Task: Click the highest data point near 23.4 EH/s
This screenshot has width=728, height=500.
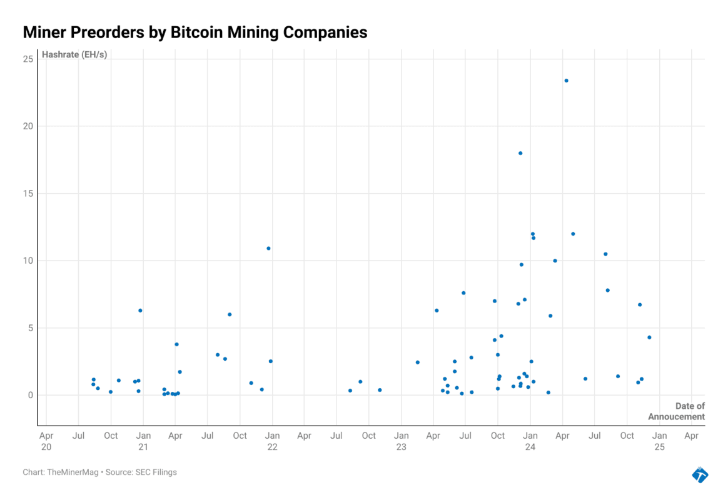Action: pos(566,81)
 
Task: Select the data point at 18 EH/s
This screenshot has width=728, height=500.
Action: pos(520,153)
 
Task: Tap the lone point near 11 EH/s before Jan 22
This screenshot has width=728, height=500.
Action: pos(268,248)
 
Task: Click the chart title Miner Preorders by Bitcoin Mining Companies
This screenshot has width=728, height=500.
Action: pos(195,32)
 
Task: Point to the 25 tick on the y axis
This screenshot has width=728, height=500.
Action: pos(28,59)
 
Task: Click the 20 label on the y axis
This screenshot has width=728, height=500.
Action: pos(28,126)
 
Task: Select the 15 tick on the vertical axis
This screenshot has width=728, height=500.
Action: pos(28,194)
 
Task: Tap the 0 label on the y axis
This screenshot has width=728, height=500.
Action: pos(30,395)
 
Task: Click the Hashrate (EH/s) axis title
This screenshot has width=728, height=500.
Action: pos(74,54)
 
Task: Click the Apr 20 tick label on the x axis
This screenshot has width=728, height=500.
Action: pos(46,441)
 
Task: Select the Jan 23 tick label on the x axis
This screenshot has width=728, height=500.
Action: pos(401,441)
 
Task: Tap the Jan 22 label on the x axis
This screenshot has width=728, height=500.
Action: pos(272,441)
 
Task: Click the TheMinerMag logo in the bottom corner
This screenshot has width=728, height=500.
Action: pos(700,474)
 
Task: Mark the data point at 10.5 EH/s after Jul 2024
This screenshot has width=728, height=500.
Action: pos(605,254)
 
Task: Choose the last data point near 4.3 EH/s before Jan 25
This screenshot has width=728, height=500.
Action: pos(649,337)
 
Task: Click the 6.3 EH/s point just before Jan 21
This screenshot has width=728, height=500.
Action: pos(140,310)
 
